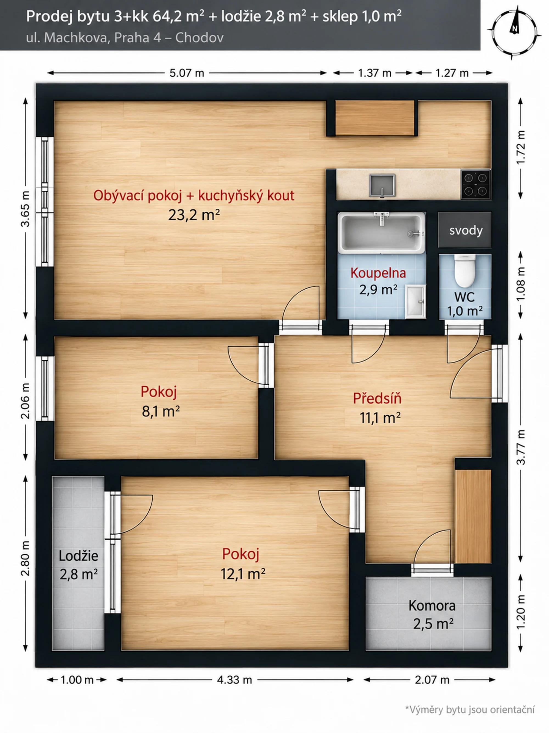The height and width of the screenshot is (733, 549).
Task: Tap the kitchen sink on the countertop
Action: [x=382, y=185]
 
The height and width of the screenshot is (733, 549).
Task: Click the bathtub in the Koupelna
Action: [x=381, y=233]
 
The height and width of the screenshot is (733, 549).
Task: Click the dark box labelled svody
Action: [x=465, y=230]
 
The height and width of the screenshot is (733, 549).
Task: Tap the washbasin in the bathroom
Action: [x=416, y=302]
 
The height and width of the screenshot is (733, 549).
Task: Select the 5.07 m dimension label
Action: [x=187, y=73]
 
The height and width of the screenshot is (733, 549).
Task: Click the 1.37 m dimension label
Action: [x=375, y=73]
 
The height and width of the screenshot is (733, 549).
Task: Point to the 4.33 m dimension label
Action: [x=234, y=680]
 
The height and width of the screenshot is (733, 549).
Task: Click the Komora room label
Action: [x=432, y=606]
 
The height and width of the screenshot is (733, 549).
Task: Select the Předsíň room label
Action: [x=377, y=398]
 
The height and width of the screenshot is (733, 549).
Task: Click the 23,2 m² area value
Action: [x=194, y=215]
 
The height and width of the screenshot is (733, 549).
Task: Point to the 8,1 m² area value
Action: [x=161, y=411]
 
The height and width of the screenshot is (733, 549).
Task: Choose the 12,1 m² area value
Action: [x=243, y=574]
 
